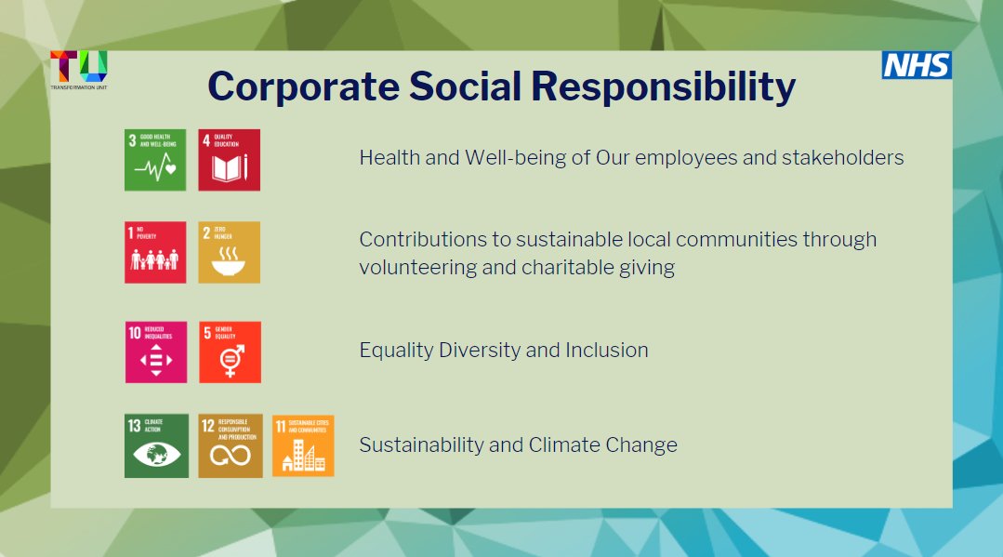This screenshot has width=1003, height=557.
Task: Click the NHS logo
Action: click(916, 65)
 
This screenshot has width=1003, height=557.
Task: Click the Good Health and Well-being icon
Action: click(155, 160)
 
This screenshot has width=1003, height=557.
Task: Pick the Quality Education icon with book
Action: click(230, 160)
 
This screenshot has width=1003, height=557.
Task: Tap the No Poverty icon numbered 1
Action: click(155, 252)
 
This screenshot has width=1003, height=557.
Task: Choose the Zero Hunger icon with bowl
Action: click(230, 252)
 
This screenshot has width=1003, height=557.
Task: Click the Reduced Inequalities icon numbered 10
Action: click(156, 352)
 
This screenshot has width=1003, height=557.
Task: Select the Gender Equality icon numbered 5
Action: click(231, 352)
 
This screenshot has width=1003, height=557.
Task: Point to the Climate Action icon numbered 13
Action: click(156, 446)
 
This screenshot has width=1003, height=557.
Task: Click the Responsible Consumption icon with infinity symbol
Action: click(231, 446)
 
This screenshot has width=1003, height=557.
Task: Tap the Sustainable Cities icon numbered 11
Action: click(303, 446)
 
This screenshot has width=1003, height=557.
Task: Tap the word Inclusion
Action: click(607, 351)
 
